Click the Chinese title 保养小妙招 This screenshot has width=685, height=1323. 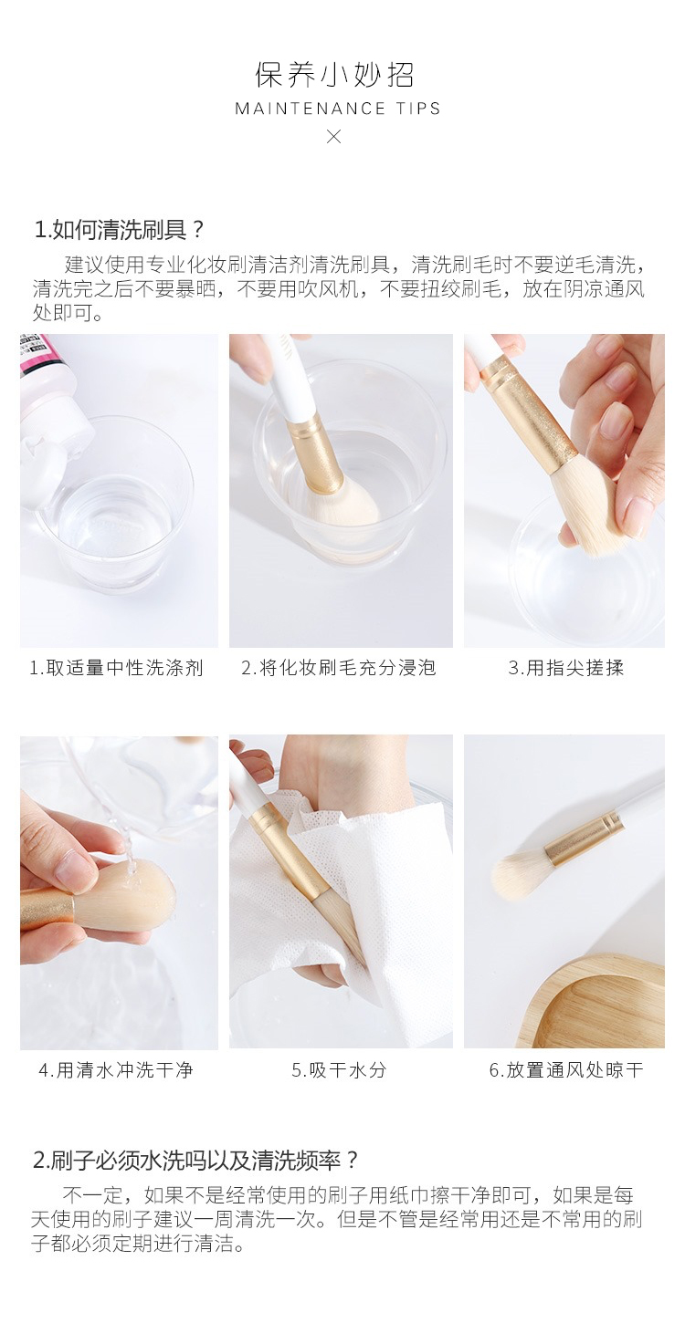(334, 75)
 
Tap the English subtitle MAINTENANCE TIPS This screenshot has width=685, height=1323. (338, 109)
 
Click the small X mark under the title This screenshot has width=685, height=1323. (334, 137)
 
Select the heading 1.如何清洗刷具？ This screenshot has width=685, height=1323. (120, 230)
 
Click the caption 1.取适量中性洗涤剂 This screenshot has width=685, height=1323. (116, 668)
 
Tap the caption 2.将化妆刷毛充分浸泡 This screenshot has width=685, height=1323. (339, 668)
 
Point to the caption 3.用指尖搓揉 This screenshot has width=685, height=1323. (566, 668)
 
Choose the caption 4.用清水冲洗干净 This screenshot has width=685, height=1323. (116, 1069)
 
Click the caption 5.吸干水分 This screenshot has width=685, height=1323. (339, 1069)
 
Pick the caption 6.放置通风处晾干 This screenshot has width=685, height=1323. (565, 1069)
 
